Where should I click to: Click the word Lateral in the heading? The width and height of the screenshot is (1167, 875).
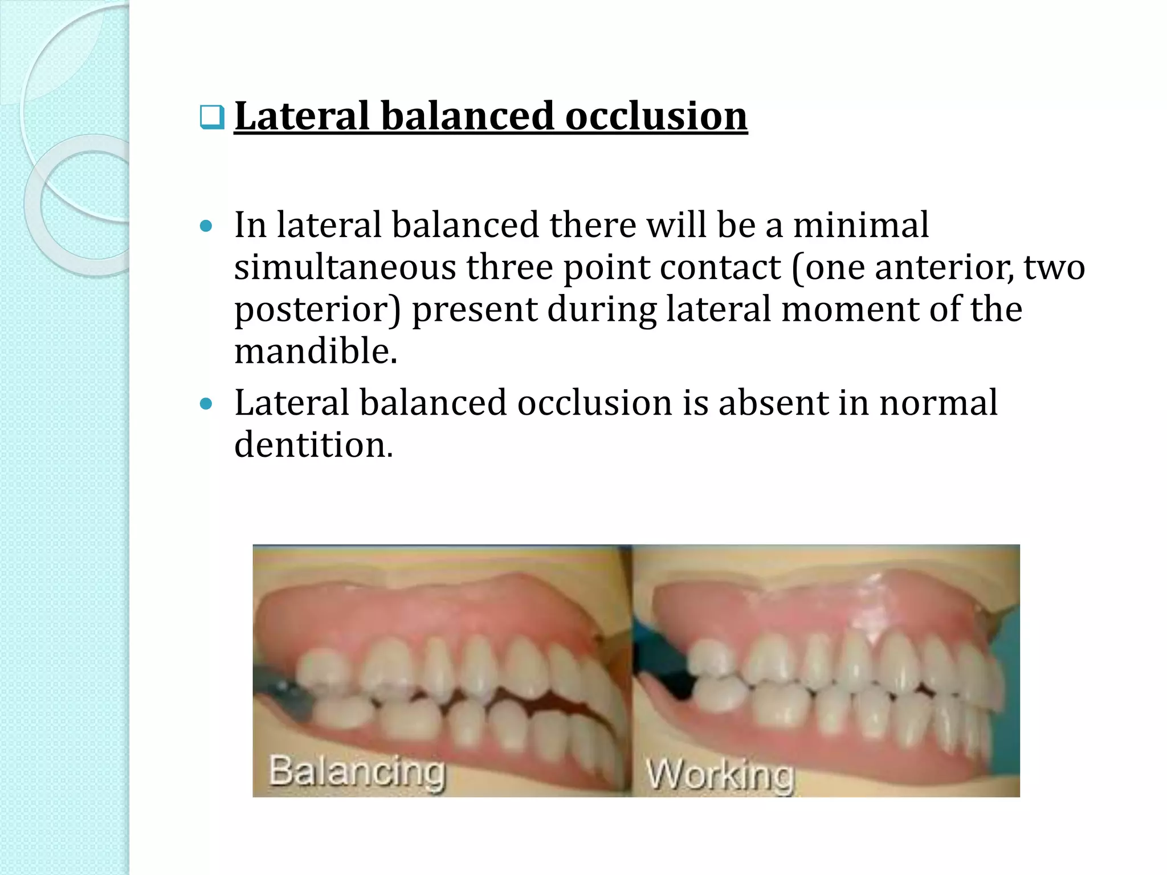[x=301, y=116]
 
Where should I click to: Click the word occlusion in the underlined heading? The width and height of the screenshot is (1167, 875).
[x=656, y=116]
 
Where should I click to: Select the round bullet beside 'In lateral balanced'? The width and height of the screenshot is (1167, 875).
[x=206, y=227]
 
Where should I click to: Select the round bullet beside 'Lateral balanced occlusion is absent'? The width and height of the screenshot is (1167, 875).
[x=206, y=404]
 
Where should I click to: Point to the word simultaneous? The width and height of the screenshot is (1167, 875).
[x=345, y=267]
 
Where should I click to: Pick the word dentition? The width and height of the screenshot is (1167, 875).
[x=313, y=445]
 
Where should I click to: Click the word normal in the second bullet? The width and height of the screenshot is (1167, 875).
[x=938, y=403]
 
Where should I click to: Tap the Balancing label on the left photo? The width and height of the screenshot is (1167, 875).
[x=357, y=771]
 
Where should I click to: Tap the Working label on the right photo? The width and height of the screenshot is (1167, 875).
[x=720, y=775]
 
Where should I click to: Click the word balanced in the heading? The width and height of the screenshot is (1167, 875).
[x=467, y=116]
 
